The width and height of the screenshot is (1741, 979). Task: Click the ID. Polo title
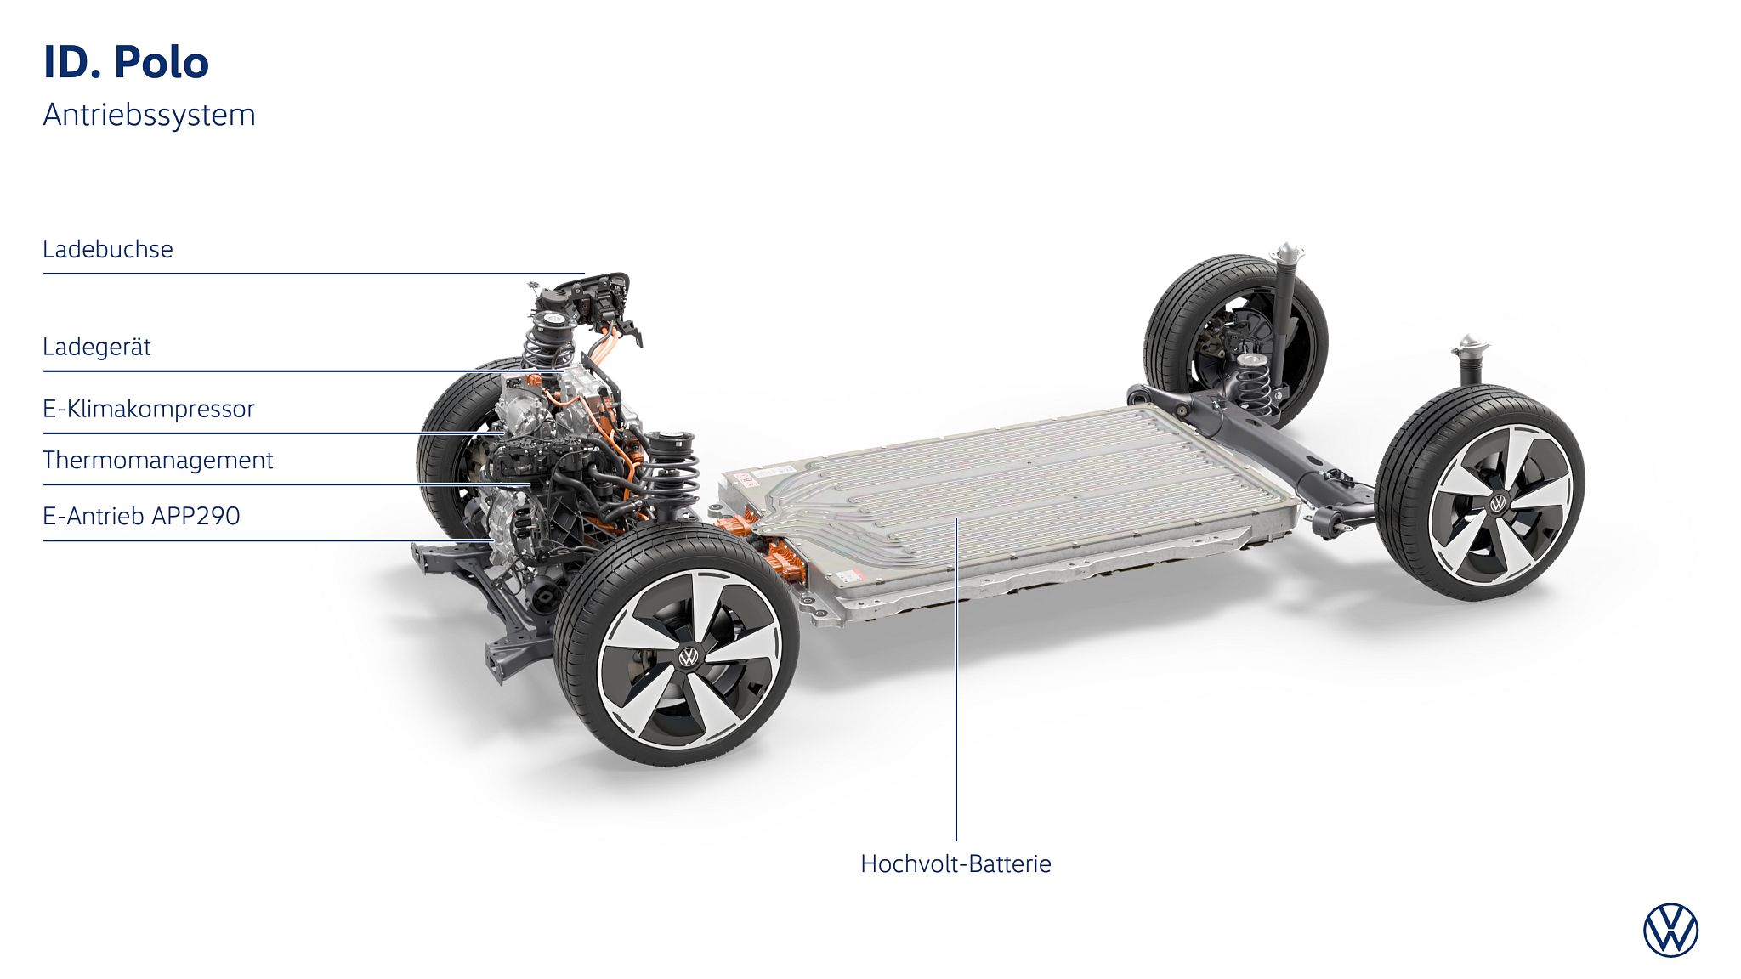point(126,63)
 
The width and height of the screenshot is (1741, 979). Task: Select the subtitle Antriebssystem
point(149,115)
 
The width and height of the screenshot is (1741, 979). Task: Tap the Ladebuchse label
point(108,249)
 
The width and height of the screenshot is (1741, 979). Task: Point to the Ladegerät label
point(97,347)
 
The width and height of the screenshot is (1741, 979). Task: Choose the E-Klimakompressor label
point(149,409)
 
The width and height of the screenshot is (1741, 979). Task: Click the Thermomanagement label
point(158,460)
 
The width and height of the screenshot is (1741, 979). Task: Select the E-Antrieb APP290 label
point(142,516)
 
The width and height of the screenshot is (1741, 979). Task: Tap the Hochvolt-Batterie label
point(956,863)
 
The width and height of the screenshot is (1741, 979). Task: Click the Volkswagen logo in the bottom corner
point(1670,930)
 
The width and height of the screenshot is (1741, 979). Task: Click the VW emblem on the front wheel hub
point(688,657)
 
